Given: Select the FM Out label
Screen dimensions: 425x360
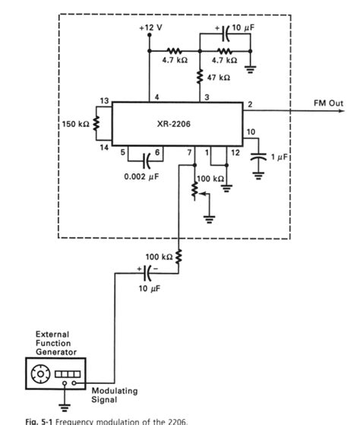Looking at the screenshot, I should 327,102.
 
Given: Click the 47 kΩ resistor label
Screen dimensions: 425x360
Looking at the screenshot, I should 218,78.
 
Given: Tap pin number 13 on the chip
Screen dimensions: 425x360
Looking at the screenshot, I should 105,100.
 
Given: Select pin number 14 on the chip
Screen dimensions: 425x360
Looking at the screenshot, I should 105,147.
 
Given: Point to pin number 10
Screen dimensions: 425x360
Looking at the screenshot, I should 250,134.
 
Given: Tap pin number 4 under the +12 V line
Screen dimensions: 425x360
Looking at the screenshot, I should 156,97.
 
